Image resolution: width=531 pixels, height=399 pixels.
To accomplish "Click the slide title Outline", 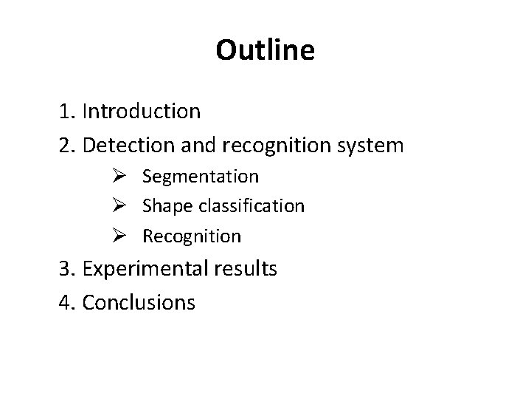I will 265,50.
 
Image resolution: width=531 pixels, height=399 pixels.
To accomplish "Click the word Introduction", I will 142,112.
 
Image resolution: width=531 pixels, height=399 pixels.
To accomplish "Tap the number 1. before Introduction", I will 69,112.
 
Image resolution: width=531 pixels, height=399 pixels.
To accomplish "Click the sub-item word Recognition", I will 192,237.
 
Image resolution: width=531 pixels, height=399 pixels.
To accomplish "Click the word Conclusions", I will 139,302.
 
